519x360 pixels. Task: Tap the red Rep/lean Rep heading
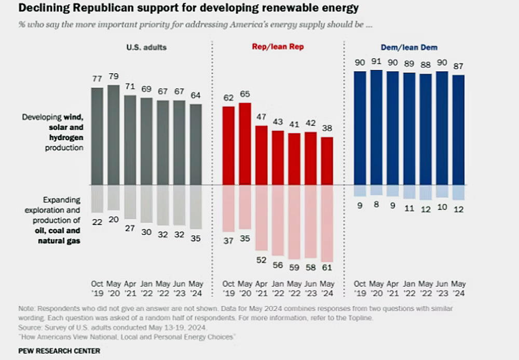pyautogui.click(x=278, y=47)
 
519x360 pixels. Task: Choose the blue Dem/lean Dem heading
pyautogui.click(x=408, y=47)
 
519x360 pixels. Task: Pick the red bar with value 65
pyautogui.click(x=245, y=143)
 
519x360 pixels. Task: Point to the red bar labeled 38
pyautogui.click(x=327, y=161)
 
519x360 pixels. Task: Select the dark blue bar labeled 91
pyautogui.click(x=376, y=127)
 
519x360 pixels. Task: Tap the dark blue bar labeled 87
pyautogui.click(x=458, y=129)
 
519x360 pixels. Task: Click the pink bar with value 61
pyautogui.click(x=327, y=223)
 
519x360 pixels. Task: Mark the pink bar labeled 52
pyautogui.click(x=262, y=218)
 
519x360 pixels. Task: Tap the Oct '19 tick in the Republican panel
pyautogui.click(x=229, y=288)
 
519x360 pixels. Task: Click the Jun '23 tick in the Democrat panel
pyautogui.click(x=442, y=288)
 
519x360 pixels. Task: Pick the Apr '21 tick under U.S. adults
pyautogui.click(x=130, y=288)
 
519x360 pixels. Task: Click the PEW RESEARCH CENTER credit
pyautogui.click(x=59, y=351)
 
